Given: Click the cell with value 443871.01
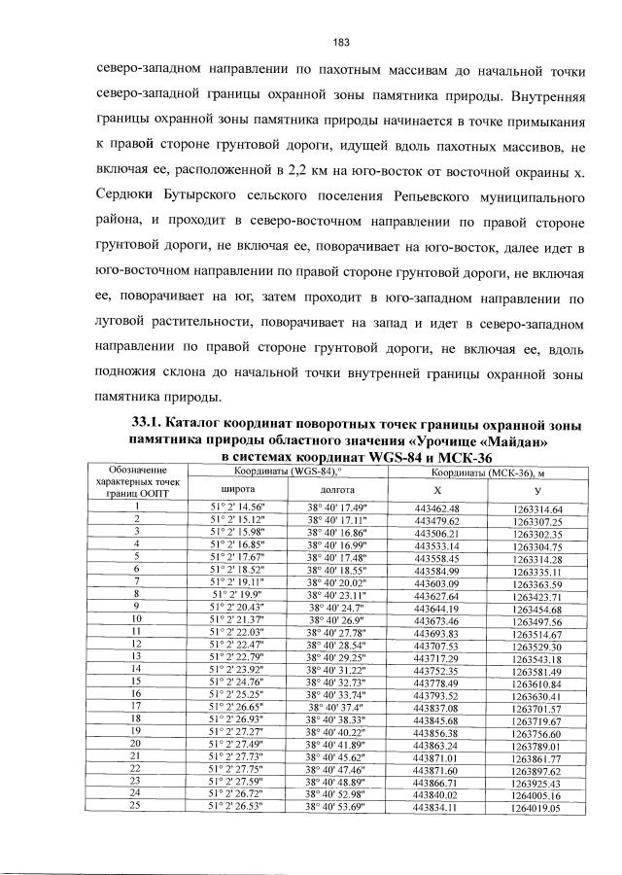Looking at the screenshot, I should pos(436,755).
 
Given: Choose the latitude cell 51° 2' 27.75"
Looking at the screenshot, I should pos(238,768).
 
